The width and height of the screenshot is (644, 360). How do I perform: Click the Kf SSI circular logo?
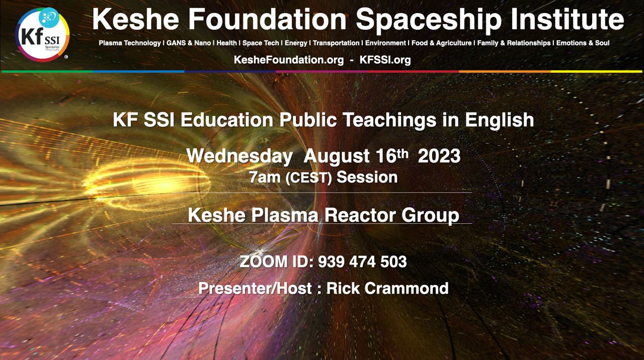42,35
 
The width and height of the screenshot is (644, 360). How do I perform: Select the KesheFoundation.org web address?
289,60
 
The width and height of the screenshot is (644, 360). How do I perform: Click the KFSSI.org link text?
385,60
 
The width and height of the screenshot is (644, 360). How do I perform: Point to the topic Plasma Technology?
130,43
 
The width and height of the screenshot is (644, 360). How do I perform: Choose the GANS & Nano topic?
189,43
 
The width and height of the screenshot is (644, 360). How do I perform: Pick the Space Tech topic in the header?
261,43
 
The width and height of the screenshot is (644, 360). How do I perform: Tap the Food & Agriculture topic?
442,43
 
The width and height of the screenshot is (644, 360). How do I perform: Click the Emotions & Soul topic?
583,43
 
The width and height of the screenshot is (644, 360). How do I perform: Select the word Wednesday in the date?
239,156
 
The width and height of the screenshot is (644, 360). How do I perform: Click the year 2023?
439,156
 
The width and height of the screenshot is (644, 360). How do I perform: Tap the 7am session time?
265,177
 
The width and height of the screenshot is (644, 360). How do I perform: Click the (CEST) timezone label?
309,178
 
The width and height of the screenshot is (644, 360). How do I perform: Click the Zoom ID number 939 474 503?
362,262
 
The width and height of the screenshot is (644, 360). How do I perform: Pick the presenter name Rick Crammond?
387,288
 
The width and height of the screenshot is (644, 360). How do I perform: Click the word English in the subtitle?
500,120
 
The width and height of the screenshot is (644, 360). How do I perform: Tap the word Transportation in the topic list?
336,43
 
